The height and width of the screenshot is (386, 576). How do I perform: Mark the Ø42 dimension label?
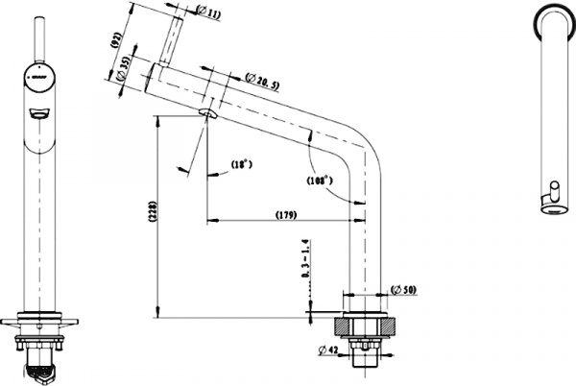(328, 351)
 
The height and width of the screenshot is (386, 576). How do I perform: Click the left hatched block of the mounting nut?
(342, 326)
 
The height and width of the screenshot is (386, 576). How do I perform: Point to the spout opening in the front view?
(37, 114)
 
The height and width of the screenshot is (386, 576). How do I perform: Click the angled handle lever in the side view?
(173, 42)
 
